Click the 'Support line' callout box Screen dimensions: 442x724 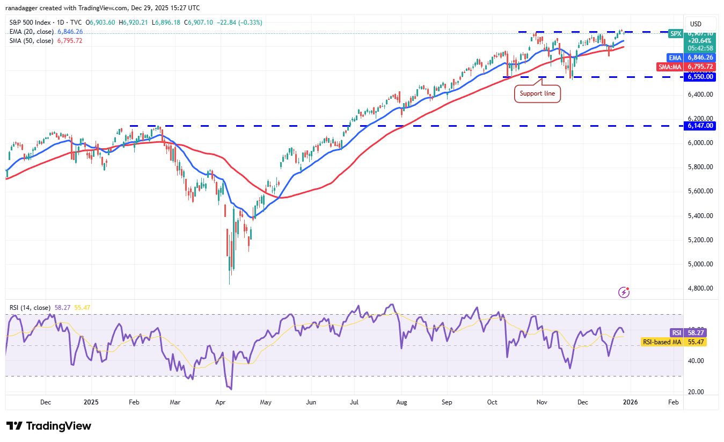coord(538,94)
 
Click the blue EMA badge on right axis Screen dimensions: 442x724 coord(674,57)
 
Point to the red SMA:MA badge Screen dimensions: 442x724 coord(669,67)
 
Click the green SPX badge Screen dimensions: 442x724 coord(675,33)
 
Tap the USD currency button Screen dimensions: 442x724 coord(696,24)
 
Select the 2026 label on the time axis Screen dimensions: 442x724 coord(631,402)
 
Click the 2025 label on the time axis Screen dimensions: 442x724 coord(91,402)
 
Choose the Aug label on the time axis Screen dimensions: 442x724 coord(403,402)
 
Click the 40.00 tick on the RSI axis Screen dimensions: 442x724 coord(696,361)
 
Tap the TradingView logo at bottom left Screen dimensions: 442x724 coord(49,426)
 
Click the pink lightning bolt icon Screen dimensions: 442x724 coord(624,292)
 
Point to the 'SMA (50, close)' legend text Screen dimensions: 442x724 coord(31,41)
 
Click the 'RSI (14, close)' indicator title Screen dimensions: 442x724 coord(30,308)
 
